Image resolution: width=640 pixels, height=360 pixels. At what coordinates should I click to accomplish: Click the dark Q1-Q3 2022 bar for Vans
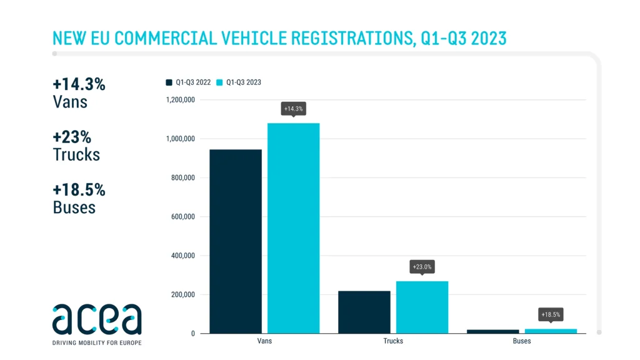(x=236, y=241)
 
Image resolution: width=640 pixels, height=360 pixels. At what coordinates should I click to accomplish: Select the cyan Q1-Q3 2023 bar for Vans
(x=293, y=228)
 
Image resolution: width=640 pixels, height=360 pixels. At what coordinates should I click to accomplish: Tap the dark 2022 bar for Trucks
(x=364, y=312)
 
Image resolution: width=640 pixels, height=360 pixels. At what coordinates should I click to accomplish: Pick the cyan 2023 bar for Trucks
(x=422, y=307)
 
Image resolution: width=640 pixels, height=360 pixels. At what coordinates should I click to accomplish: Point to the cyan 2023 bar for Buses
(x=551, y=331)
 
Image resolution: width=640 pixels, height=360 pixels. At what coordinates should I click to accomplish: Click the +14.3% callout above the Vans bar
(x=293, y=109)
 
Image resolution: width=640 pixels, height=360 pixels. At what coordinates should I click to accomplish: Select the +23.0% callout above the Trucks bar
(x=422, y=267)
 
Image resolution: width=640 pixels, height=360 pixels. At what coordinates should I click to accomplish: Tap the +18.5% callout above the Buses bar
(x=551, y=314)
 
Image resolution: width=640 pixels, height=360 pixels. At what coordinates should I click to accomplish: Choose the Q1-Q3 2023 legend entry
(x=239, y=82)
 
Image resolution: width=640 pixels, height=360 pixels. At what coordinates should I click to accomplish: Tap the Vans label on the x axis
(x=264, y=341)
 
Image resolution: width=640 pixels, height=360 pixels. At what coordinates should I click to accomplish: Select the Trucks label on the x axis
(x=393, y=341)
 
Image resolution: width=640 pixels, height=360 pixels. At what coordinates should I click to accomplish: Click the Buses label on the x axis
(x=522, y=341)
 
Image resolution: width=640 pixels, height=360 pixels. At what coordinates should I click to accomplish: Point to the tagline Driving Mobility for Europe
(x=97, y=342)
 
